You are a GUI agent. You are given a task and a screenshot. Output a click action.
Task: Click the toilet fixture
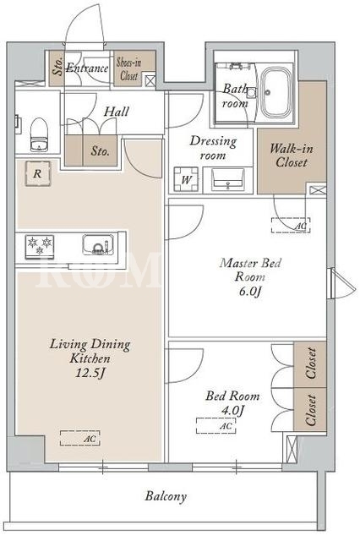[39, 134]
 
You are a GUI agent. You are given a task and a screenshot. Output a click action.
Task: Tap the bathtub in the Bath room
[275, 92]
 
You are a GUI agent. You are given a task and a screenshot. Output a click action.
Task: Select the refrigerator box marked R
[37, 173]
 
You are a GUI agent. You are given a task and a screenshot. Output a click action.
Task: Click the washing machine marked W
[186, 179]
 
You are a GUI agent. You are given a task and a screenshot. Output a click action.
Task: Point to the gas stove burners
[40, 247]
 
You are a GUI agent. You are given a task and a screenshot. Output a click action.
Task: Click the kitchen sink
[98, 244]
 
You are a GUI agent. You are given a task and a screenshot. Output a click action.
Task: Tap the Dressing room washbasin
[227, 179]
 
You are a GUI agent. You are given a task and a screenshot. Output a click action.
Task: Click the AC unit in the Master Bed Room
[291, 226]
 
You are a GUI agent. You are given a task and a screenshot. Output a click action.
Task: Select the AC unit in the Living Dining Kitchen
[80, 438]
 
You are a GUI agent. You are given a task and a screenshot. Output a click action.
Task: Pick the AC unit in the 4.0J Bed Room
[216, 425]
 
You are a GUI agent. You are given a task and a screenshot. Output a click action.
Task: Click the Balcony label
[166, 496]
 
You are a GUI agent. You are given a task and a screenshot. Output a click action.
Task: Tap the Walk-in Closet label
[292, 156]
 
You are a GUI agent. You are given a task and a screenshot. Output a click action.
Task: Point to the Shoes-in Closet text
[129, 68]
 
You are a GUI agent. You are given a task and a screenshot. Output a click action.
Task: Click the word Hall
[117, 112]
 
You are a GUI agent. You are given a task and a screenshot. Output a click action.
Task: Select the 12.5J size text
[90, 373]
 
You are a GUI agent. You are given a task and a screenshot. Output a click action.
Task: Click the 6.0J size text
[251, 291]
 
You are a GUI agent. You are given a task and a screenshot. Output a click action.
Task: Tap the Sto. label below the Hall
[101, 151]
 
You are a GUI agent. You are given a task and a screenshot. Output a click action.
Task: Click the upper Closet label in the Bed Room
[310, 363]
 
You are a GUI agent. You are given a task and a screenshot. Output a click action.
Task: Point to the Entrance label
[87, 68]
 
